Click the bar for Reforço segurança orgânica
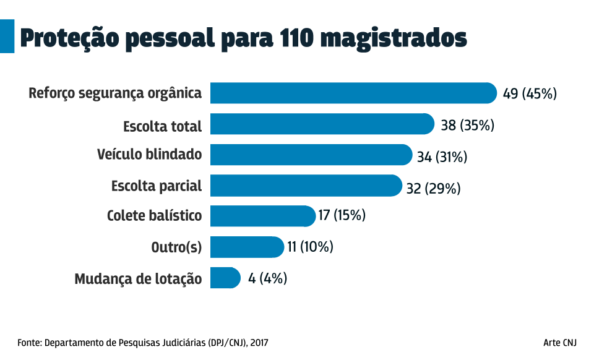pos(353,93)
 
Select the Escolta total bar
pos(322,124)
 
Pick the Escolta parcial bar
pos(306,186)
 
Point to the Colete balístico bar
pos(263,216)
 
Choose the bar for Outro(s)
pos(247,247)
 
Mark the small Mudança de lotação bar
pos(225,278)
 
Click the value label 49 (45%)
pos(530,94)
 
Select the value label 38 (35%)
pos(468,126)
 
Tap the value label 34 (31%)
pos(442,157)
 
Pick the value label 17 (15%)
pos(342,216)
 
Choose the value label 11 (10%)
pos(310,247)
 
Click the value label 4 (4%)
pos(267,278)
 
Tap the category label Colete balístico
pos(154,216)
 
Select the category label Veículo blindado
pos(149,155)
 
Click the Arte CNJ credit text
pos(560,342)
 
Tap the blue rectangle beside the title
pos(7,36)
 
